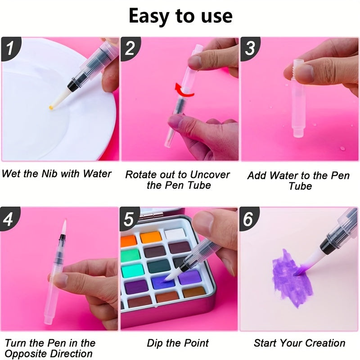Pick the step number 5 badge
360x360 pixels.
pos(129,219)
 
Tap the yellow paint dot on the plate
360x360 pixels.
pos(51,108)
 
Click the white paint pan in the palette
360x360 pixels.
pos(175,234)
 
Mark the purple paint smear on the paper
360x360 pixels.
pos(292,277)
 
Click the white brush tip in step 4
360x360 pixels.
pos(64,227)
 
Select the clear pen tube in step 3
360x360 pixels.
pos(299,98)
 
